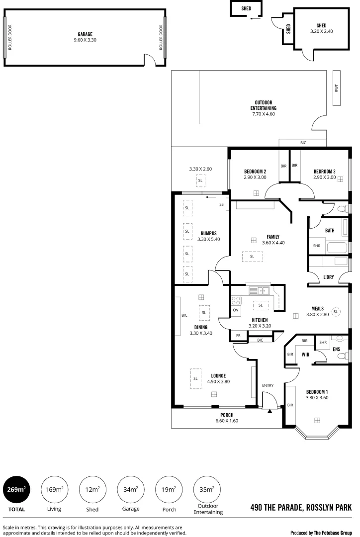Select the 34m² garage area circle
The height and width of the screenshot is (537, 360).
[x=131, y=490]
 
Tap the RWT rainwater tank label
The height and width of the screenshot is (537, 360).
[x=337, y=88]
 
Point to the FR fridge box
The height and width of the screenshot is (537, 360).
[x=238, y=336]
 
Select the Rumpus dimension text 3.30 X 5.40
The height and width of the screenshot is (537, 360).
[x=208, y=239]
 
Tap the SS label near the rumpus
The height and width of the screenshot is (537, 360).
[x=221, y=204]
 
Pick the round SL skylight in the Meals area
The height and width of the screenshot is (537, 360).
[x=336, y=312]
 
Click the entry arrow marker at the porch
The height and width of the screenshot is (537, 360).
[x=270, y=411]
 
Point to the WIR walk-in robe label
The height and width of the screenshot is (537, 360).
[x=306, y=355]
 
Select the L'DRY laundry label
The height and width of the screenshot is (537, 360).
[x=328, y=277]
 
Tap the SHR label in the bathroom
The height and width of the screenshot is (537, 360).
[x=316, y=246]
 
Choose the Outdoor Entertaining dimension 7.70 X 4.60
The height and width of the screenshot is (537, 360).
[x=263, y=114]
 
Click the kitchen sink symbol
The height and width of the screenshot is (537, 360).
[x=259, y=291]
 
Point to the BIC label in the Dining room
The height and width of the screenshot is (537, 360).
[x=184, y=315]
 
